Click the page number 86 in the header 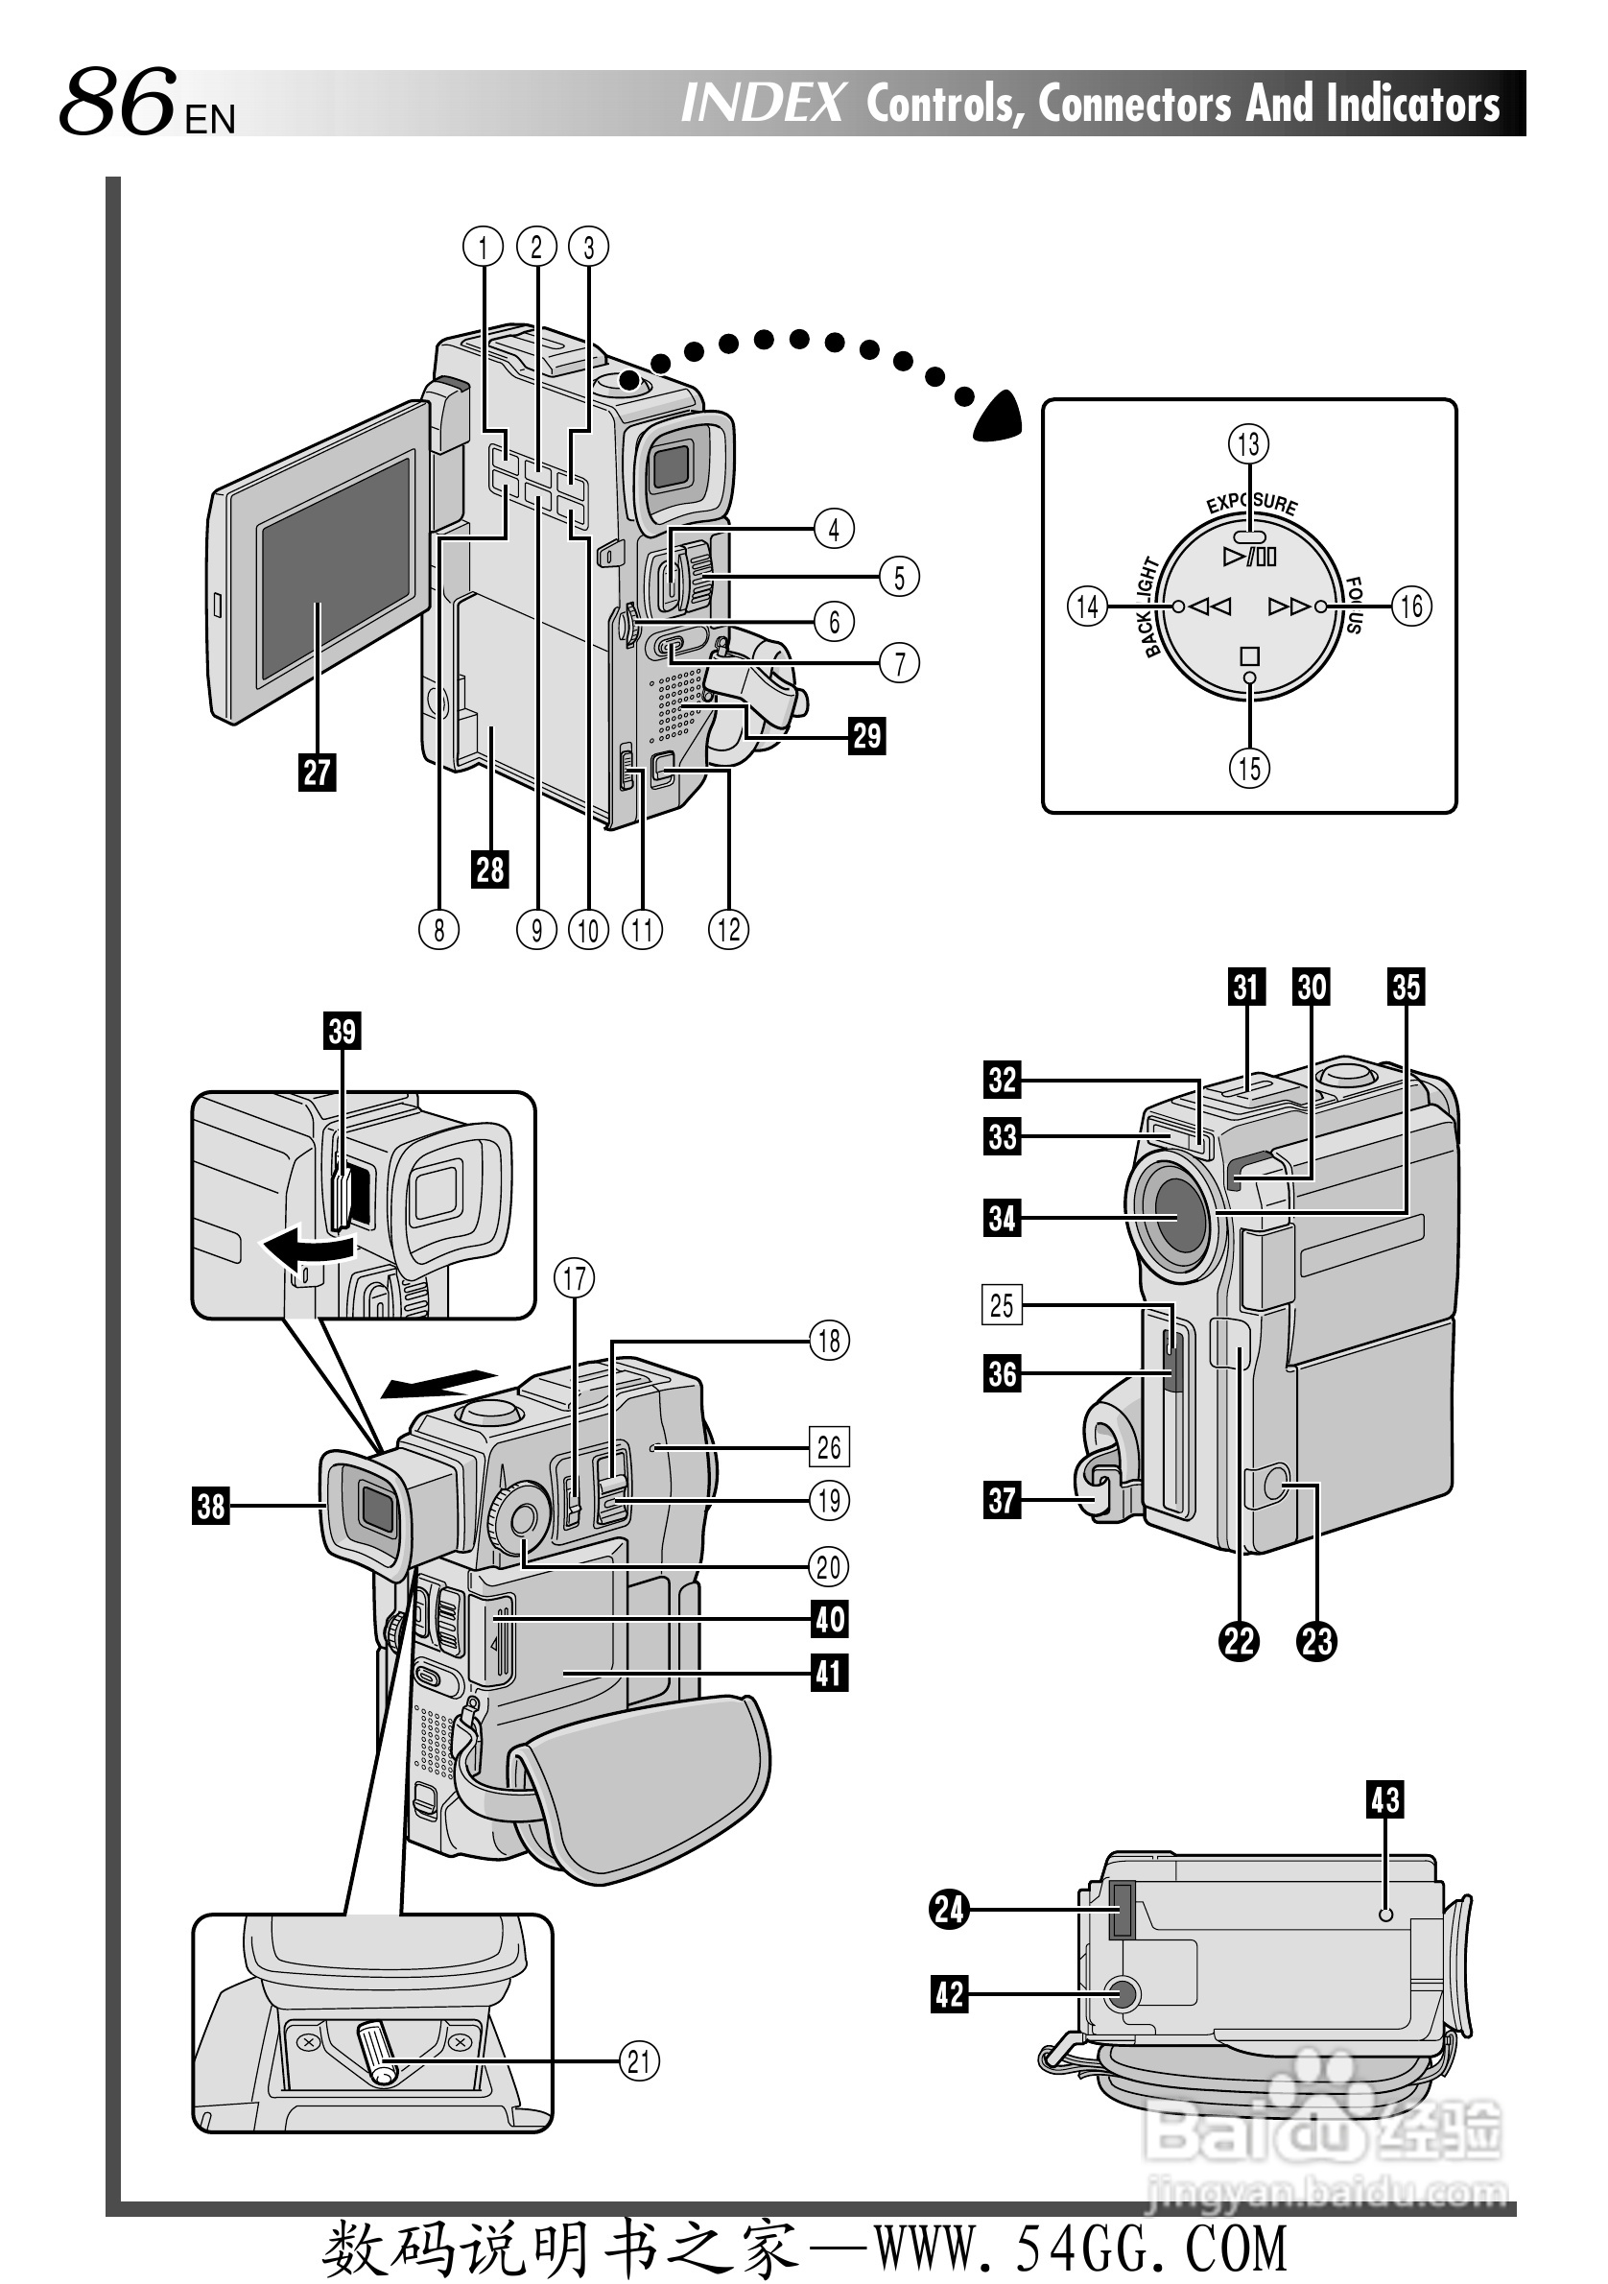click(117, 102)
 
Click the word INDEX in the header click(763, 104)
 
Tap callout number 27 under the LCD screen click(318, 772)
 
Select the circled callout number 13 click(1249, 443)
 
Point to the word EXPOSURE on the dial click(1252, 504)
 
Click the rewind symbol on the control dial click(1210, 606)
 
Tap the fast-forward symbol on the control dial click(1289, 606)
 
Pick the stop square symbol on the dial click(1250, 655)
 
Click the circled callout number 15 click(1250, 768)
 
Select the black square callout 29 click(867, 736)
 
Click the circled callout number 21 click(639, 2061)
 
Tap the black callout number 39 click(343, 1031)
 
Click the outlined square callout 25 click(1002, 1305)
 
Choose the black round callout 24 click(950, 1909)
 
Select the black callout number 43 click(1385, 1799)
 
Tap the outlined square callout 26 click(828, 1447)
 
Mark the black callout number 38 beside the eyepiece click(211, 1506)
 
